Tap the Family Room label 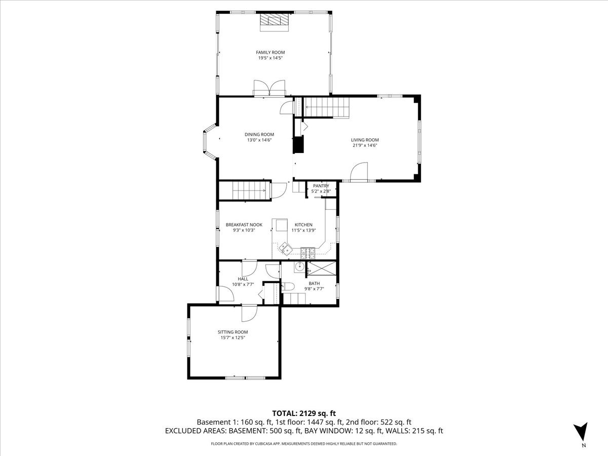pyautogui.click(x=270, y=52)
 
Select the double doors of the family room pyautogui.click(x=270, y=89)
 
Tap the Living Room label pyautogui.click(x=365, y=140)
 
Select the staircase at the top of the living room pyautogui.click(x=327, y=107)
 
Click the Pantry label pyautogui.click(x=321, y=186)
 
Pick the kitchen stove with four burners pyautogui.click(x=308, y=250)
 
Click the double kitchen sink pyautogui.click(x=285, y=248)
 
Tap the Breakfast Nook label pyautogui.click(x=240, y=224)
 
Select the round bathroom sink pyautogui.click(x=300, y=267)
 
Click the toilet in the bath pyautogui.click(x=289, y=287)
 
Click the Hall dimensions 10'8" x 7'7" pyautogui.click(x=243, y=284)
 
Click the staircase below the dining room pyautogui.click(x=250, y=192)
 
